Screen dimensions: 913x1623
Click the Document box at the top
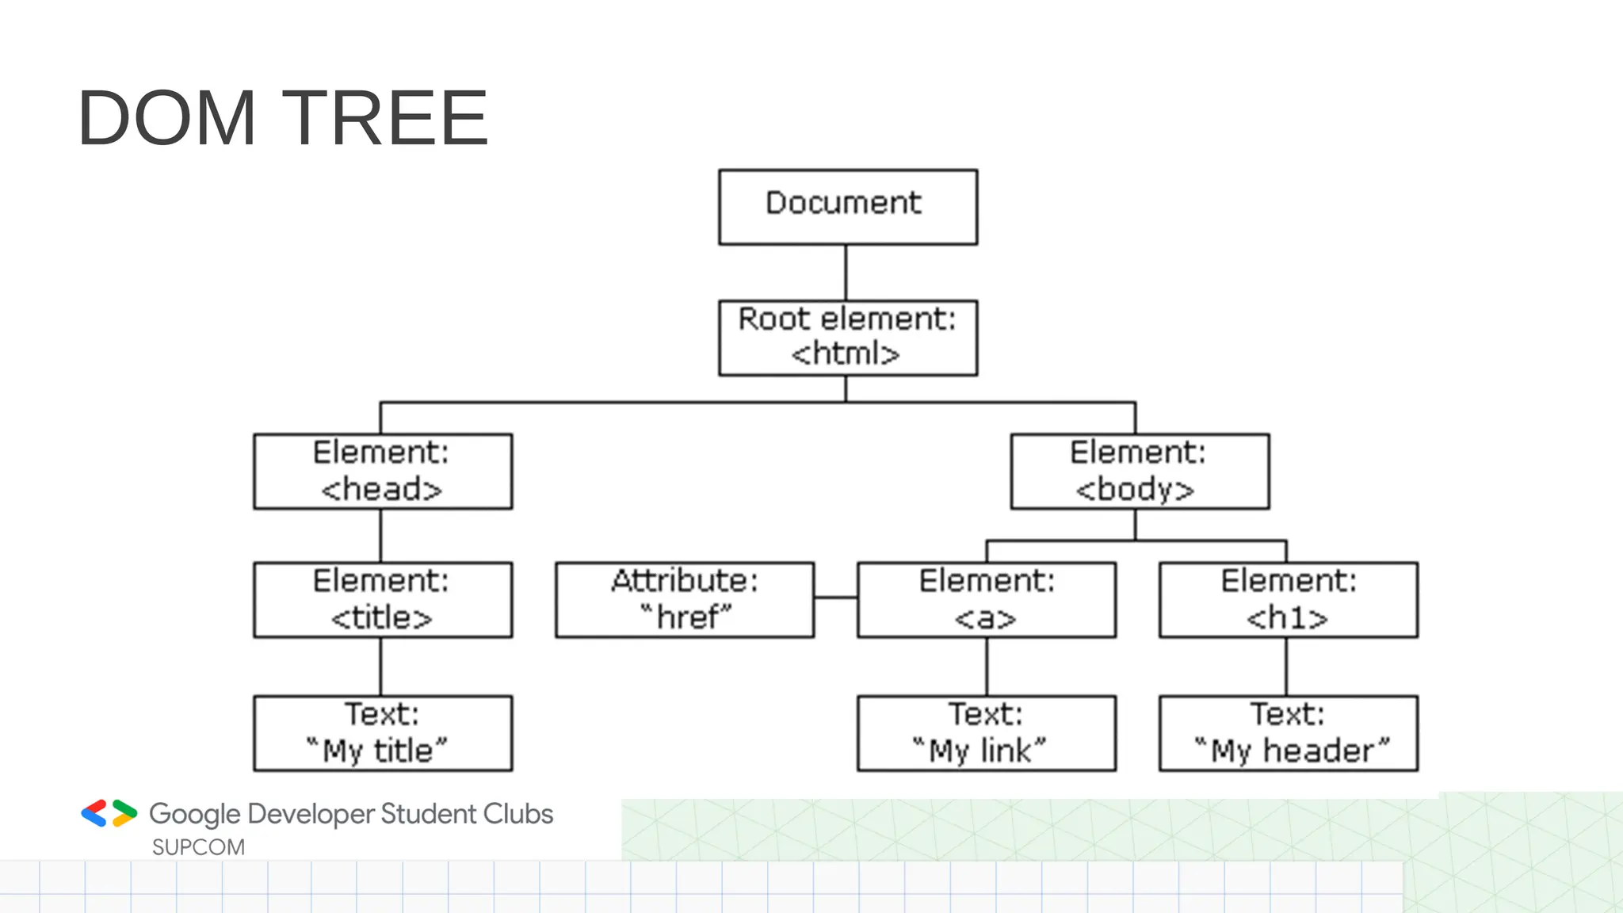848,207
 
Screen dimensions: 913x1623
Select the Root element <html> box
848,338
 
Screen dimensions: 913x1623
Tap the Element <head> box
383,472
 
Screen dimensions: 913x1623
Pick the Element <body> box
1140,472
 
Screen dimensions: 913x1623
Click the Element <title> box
383,600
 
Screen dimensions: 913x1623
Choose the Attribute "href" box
685,600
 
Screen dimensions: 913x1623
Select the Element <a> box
987,600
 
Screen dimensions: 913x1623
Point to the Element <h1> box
1289,600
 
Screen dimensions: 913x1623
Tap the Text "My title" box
383,733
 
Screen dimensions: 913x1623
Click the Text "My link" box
987,733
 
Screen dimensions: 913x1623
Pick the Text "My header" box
1289,733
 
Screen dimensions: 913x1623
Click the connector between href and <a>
835,598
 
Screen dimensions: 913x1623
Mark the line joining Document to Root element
846,272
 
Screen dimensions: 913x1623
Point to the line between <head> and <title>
380,536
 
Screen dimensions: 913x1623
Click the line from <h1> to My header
1286,667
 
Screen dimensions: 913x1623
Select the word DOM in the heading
167,119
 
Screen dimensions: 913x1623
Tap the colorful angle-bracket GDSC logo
109,813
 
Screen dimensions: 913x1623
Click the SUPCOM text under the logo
198,847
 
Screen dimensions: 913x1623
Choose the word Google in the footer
195,814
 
